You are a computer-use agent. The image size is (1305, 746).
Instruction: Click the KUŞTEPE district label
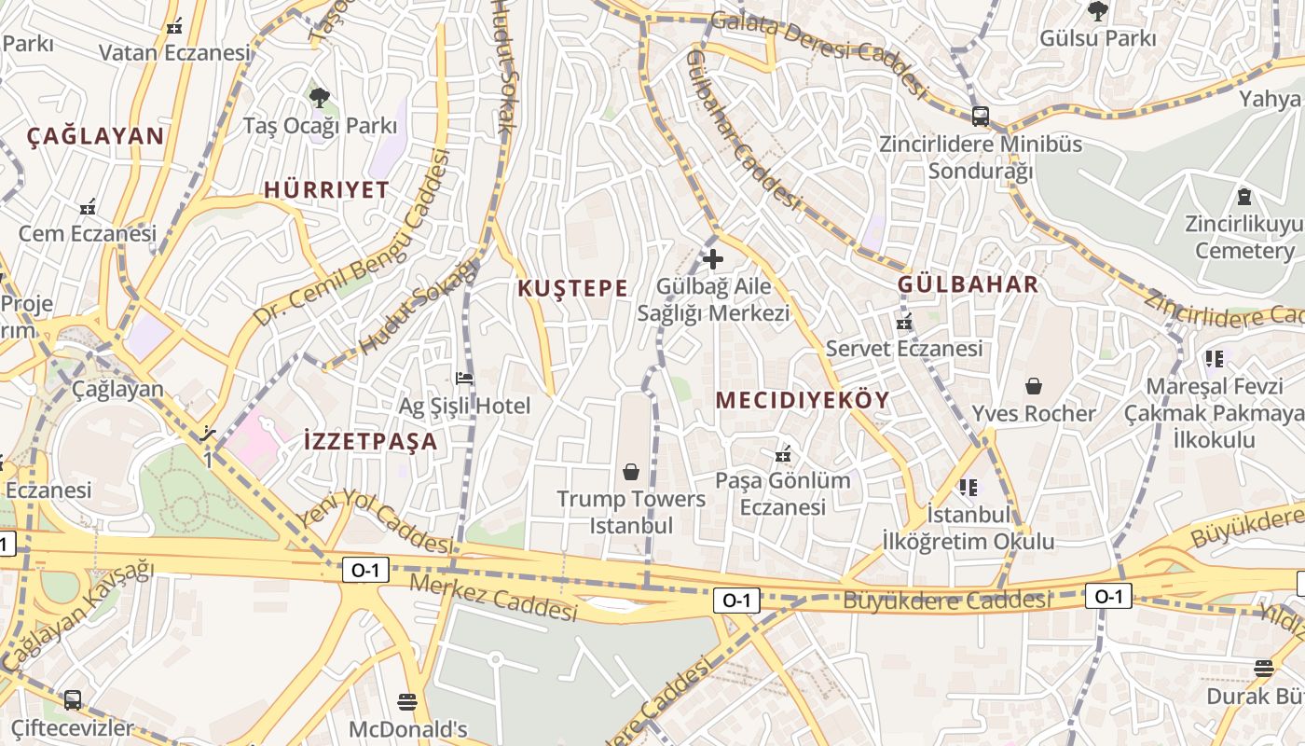pos(572,288)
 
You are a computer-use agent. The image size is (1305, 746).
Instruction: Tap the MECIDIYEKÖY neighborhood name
pos(802,400)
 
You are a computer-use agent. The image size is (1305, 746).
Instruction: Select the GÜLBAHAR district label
pos(968,284)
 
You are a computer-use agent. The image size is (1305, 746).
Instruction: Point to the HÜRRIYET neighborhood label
pos(326,190)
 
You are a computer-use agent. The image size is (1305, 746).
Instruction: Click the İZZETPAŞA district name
pos(371,441)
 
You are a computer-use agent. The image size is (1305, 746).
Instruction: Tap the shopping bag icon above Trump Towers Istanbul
pos(631,472)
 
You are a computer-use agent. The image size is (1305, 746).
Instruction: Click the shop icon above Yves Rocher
pos(1033,386)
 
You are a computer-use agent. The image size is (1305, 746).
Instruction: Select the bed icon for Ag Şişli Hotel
pos(464,379)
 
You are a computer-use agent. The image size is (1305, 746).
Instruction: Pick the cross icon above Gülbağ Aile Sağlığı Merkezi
pos(713,259)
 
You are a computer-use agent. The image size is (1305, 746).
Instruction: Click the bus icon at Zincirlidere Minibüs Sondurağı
pos(981,117)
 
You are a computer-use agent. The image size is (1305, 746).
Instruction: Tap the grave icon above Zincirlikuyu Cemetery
pos(1243,197)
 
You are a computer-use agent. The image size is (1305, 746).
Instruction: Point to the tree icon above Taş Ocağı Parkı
pos(320,97)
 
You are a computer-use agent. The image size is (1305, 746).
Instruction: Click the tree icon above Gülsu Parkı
pos(1097,11)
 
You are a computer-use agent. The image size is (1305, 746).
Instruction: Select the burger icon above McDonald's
pos(407,701)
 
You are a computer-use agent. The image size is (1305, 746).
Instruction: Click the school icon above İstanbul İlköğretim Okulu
pos(968,487)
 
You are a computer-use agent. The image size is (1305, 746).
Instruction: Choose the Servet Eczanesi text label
pos(904,349)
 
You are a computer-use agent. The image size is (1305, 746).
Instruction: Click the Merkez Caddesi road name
pos(493,598)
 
